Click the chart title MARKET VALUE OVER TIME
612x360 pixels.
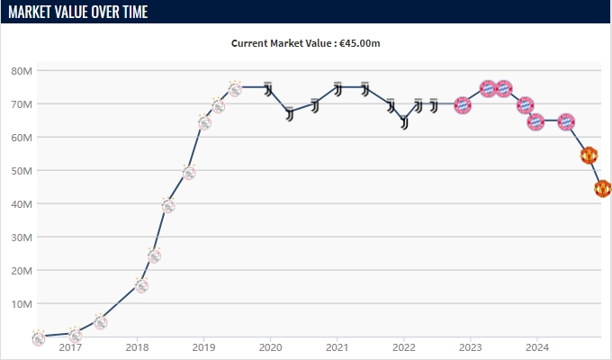click(78, 12)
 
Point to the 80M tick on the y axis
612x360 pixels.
click(22, 71)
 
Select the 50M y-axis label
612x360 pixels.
click(22, 171)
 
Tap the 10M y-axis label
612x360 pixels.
click(22, 304)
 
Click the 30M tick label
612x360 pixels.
click(22, 238)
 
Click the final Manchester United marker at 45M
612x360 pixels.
click(602, 188)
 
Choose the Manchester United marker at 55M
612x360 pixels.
click(589, 155)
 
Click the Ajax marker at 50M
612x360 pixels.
click(188, 171)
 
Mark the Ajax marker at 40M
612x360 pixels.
click(167, 205)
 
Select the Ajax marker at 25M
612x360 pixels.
click(154, 255)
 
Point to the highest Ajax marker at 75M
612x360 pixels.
click(235, 88)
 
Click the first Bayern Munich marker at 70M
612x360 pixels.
click(463, 104)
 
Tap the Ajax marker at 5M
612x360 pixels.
click(101, 321)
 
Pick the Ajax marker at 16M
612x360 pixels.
click(141, 285)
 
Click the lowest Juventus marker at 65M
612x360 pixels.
click(405, 121)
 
